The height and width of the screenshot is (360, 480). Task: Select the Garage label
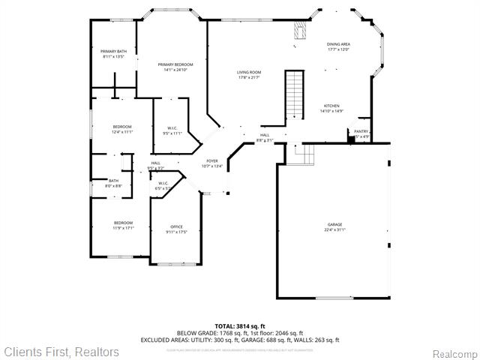click(334, 224)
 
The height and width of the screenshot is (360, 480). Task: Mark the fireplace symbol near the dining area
click(301, 31)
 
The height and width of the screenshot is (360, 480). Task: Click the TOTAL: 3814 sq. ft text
click(239, 326)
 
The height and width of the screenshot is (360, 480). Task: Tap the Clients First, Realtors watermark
click(61, 352)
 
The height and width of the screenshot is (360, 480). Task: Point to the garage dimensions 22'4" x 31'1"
click(334, 229)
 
